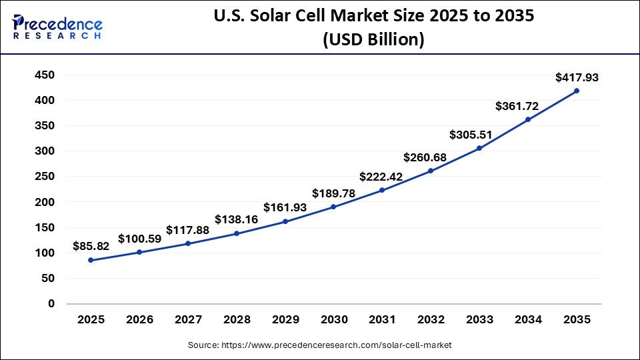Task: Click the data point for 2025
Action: click(91, 260)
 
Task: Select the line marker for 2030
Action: click(333, 207)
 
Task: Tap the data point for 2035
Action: click(577, 91)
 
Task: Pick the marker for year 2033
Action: click(479, 148)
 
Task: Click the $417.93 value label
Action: click(577, 77)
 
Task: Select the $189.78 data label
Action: click(333, 193)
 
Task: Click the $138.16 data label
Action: click(236, 219)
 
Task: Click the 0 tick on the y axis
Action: click(51, 304)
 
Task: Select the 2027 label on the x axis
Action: click(188, 320)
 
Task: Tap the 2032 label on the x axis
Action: click(431, 320)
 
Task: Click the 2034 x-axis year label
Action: click(528, 320)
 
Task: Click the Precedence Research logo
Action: click(57, 27)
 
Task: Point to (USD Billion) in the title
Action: click(373, 39)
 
